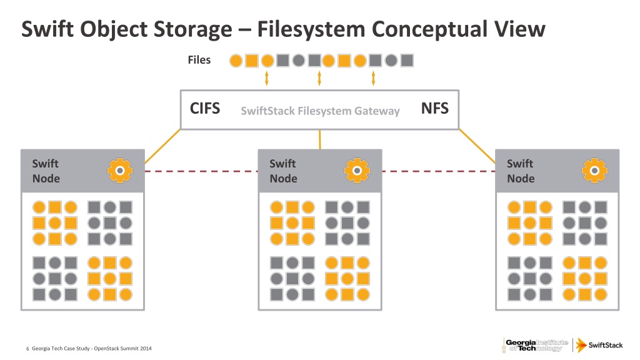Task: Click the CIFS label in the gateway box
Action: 204,109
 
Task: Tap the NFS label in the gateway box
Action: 434,109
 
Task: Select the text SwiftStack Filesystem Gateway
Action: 319,111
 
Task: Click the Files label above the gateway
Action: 199,60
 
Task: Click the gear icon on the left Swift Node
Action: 119,170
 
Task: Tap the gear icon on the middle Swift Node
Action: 356,170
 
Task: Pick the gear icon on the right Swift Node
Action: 594,170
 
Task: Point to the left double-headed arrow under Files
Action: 267,78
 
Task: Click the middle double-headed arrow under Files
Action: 319,78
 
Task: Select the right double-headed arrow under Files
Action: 373,78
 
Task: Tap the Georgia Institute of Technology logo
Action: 535,344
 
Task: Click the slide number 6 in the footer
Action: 27,348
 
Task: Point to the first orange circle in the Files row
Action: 236,61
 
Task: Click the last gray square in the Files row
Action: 407,61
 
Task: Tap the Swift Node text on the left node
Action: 46,171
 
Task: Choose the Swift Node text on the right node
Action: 521,171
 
